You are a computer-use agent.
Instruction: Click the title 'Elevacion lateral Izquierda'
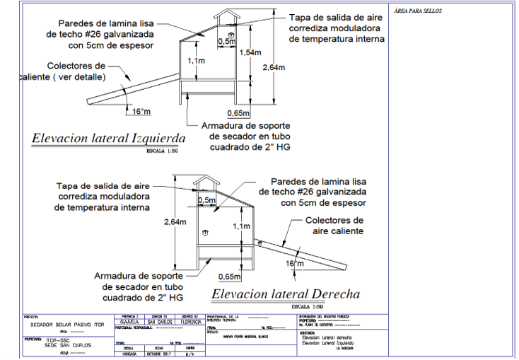click(108, 138)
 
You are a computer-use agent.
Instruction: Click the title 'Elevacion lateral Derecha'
click(286, 294)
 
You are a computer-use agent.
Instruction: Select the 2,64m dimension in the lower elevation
click(174, 221)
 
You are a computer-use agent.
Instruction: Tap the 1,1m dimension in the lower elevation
click(241, 226)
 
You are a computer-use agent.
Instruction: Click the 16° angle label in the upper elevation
click(141, 111)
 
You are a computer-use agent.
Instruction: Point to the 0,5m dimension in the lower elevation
click(207, 200)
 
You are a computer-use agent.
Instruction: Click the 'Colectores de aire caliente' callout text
click(334, 226)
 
